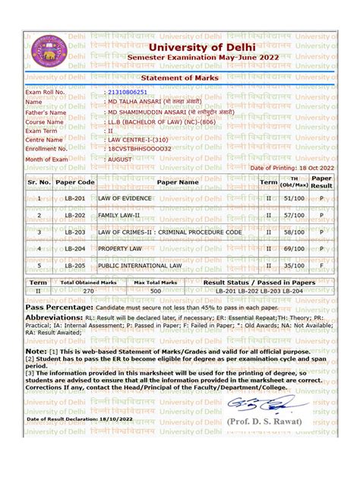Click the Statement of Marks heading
(180, 77)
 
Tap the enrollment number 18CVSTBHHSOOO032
(139, 149)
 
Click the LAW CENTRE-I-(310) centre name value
(138, 140)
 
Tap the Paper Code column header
(75, 182)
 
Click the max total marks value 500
(156, 290)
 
